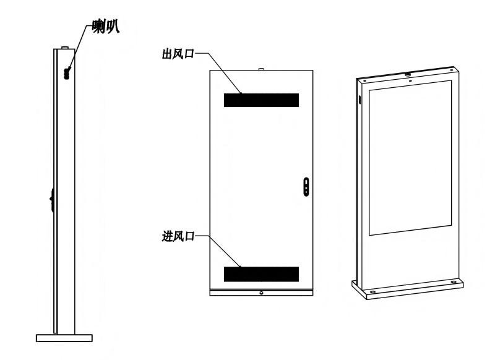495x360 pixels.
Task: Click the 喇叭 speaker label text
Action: [106, 26]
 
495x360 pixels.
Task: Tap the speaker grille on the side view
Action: [67, 74]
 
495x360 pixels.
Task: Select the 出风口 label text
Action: [178, 54]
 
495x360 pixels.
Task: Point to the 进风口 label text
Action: [178, 236]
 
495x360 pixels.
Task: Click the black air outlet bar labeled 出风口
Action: [261, 100]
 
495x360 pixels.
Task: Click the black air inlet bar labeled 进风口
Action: [261, 274]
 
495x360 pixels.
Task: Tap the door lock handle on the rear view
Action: [306, 187]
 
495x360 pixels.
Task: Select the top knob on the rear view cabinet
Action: [261, 69]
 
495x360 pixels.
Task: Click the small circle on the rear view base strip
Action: [261, 293]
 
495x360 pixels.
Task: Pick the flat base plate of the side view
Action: [64, 338]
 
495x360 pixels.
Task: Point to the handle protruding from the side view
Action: [51, 199]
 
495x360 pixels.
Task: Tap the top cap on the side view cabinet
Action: [65, 48]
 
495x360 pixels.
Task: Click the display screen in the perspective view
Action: [410, 158]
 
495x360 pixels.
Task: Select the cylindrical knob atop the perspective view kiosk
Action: [408, 74]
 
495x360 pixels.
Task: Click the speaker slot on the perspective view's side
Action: [359, 100]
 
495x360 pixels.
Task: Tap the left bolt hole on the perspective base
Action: [372, 292]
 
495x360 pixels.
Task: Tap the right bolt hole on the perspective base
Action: [454, 282]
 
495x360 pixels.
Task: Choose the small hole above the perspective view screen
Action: [410, 81]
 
